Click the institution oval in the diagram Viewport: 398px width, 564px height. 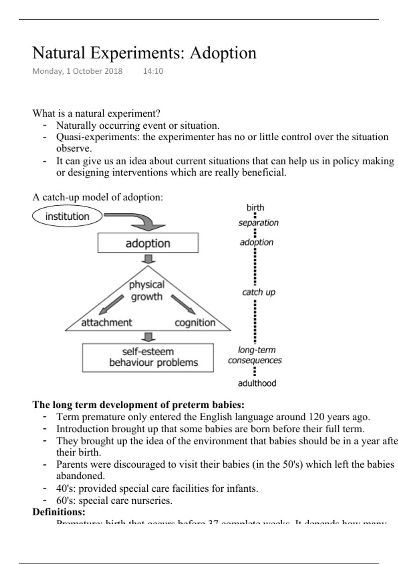click(67, 216)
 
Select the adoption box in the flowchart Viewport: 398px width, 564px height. click(148, 243)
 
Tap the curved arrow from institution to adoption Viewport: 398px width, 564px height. click(139, 220)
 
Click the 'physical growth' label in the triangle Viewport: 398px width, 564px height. click(147, 290)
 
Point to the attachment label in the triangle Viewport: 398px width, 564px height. click(106, 322)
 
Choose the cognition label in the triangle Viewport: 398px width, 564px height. click(195, 323)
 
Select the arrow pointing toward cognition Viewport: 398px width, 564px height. click(183, 305)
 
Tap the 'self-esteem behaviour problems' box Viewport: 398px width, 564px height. click(148, 357)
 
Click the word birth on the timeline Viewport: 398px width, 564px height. click(255, 208)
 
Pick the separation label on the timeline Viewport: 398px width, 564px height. click(258, 223)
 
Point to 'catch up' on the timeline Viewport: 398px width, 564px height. click(259, 292)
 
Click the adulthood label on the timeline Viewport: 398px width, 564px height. click(257, 383)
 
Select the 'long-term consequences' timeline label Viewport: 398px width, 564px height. click(255, 355)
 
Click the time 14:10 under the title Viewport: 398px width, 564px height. click(153, 71)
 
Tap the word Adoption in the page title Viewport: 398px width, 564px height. click(223, 53)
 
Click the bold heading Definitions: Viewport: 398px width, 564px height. click(59, 512)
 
